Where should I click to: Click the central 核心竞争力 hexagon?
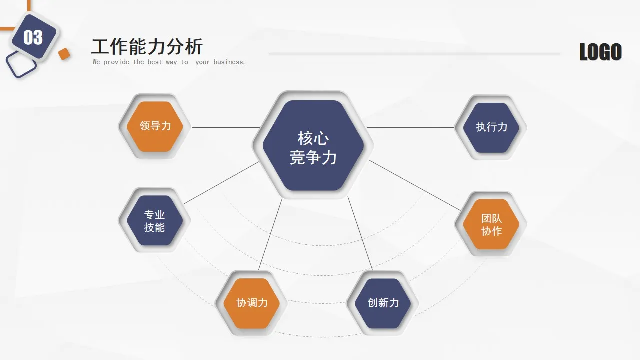coord(313,145)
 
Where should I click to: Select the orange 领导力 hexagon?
coord(155,126)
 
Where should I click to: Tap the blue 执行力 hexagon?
coord(491,127)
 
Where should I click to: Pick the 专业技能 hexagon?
coord(154,221)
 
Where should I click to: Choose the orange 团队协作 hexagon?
coord(491,224)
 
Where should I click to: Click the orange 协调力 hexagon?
coord(252,303)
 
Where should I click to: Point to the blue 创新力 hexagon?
coord(383,303)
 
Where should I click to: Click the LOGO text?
coord(600,52)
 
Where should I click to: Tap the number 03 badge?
coord(33,37)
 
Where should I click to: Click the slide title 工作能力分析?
coord(147,47)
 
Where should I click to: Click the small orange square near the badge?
coord(64,54)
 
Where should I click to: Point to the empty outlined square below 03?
coord(21,65)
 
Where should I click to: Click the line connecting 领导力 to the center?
coord(225,127)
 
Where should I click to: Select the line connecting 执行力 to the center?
coord(410,127)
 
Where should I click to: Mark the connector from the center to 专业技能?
coord(220,183)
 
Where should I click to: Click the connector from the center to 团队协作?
coord(415,185)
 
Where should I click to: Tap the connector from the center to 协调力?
coord(270,235)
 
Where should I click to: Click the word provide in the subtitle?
coord(116,62)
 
